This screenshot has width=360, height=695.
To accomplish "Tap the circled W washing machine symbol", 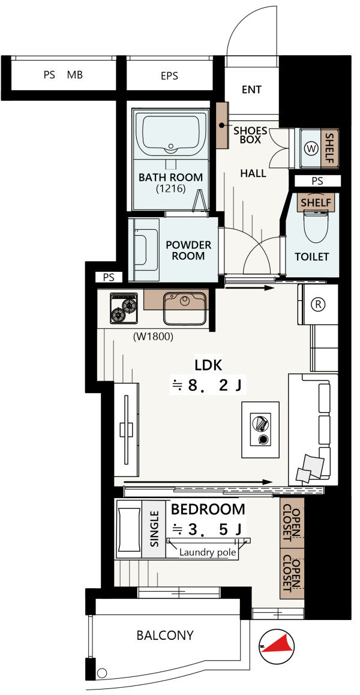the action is pos(312,148).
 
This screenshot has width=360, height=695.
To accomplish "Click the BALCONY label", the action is pos(165,635).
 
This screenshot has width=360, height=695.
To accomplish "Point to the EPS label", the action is pos(169,76).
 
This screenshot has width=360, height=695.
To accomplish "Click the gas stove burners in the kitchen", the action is pos(124,308).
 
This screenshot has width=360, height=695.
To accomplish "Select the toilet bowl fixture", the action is pos(316,224).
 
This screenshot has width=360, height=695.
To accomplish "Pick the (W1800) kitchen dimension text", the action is pos(153,337).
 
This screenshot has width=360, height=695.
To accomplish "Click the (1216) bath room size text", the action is pos(170,188).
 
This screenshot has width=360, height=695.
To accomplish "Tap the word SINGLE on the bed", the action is pos(154,529).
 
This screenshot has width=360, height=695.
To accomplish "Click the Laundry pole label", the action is pos(208,553).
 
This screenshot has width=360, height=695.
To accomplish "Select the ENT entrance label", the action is pos(251,89).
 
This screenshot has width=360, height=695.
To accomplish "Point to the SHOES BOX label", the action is pos(250,135).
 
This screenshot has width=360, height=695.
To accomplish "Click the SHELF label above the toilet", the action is pos(316,203).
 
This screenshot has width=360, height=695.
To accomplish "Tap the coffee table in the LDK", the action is pos(260,430).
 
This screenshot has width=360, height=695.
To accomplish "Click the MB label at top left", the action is pos(75,75).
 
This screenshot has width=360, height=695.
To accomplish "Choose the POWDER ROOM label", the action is pos(188,250).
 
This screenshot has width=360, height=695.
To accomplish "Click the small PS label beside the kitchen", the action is pos(109,277).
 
